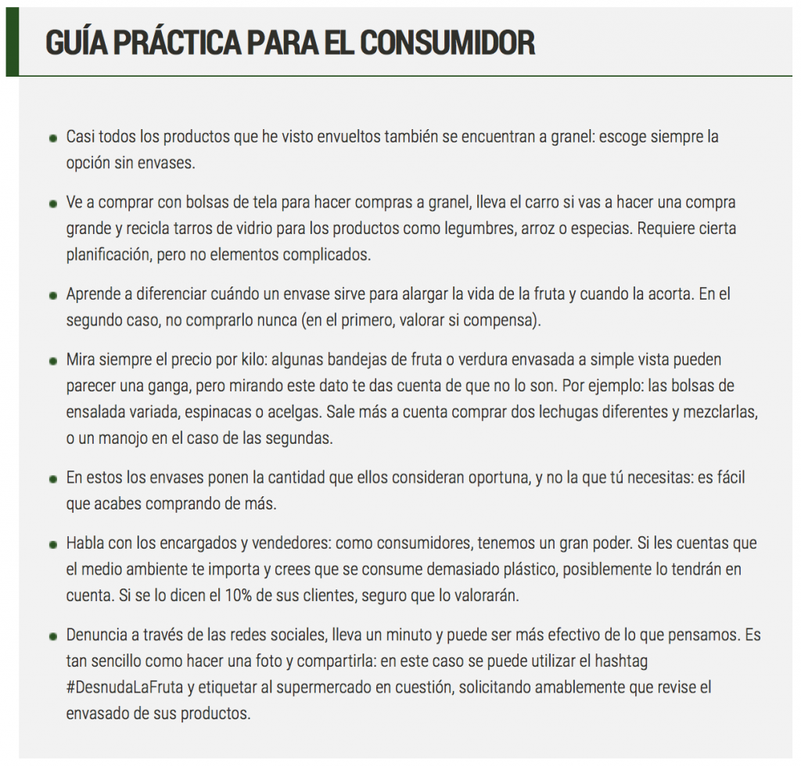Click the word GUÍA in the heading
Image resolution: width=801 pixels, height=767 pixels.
(x=76, y=43)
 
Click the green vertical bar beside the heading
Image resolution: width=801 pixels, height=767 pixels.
(x=12, y=43)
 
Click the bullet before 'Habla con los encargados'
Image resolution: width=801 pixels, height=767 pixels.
(x=53, y=544)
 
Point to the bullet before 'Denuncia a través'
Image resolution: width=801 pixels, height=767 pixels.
(x=53, y=636)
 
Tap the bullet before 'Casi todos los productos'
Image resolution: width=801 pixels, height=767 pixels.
(x=53, y=138)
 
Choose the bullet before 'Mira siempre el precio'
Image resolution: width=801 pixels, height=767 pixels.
(x=53, y=361)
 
